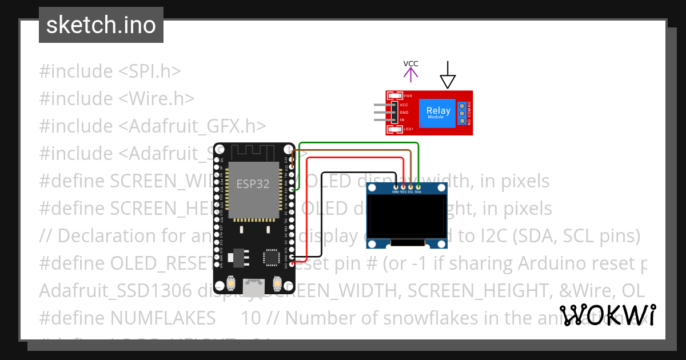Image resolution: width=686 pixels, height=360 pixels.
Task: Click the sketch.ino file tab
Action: click(x=101, y=25)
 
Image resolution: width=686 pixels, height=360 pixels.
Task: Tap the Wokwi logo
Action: click(x=608, y=315)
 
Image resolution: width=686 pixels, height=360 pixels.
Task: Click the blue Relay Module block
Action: click(x=438, y=113)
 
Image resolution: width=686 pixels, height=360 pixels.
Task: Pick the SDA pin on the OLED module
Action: click(x=418, y=187)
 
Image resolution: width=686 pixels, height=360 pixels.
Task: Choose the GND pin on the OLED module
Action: click(x=396, y=187)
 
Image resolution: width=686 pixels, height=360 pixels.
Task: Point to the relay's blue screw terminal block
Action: click(x=461, y=113)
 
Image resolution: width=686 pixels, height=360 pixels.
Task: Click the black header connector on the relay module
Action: click(x=394, y=113)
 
